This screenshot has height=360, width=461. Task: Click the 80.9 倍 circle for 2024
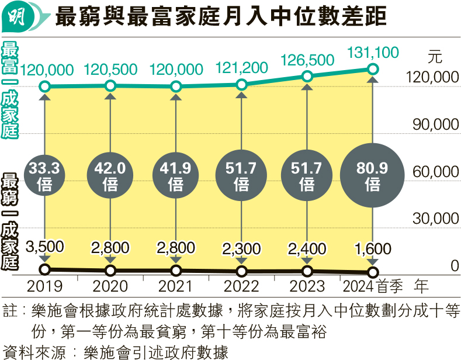tap(372, 176)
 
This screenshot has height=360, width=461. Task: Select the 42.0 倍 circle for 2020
tap(110, 176)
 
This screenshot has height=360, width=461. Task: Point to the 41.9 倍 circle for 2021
tap(176, 176)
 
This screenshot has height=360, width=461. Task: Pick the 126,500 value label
tap(307, 60)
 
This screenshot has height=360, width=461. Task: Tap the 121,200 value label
tap(241, 69)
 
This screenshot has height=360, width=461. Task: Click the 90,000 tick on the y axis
tap(433, 125)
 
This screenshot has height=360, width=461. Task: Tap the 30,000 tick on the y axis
tap(433, 219)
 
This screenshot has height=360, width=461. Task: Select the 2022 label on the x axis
tap(241, 286)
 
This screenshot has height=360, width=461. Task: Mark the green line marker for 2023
tap(307, 77)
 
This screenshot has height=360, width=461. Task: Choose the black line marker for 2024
tap(372, 272)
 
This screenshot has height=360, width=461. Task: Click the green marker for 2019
tap(45, 88)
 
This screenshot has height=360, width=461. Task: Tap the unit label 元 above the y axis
tap(435, 58)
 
